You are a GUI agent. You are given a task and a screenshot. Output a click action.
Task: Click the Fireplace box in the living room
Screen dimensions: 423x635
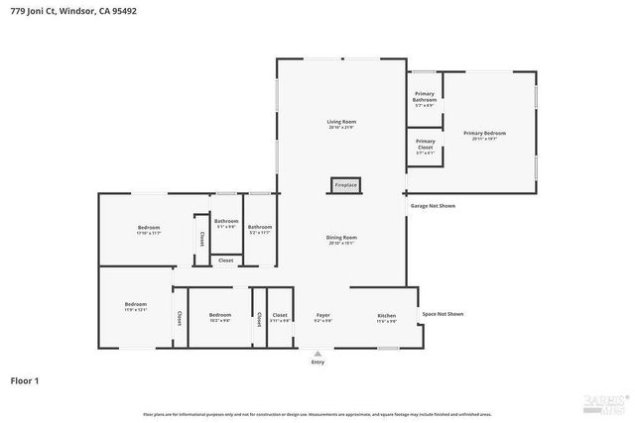345,185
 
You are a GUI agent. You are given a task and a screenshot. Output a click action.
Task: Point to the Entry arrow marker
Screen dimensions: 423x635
317,353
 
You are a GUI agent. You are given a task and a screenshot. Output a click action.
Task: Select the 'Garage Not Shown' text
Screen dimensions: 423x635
433,206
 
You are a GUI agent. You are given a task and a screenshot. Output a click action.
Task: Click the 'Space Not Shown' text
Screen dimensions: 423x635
443,314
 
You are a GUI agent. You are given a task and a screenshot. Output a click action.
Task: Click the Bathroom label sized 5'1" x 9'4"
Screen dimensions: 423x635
226,223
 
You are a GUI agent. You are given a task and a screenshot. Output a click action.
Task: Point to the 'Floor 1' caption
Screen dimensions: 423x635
24,379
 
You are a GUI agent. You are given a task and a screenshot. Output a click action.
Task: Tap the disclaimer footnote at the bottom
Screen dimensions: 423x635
317,413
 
